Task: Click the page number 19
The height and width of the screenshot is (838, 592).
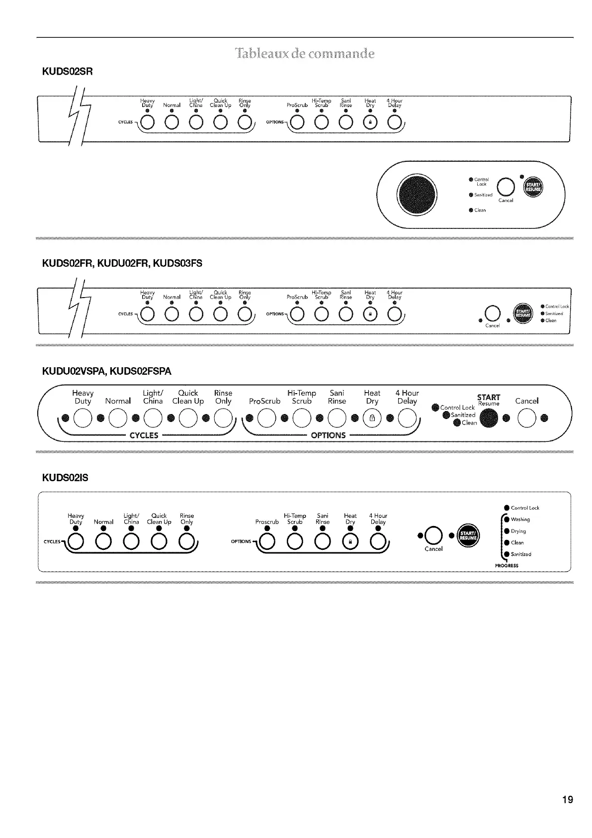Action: pyautogui.click(x=567, y=800)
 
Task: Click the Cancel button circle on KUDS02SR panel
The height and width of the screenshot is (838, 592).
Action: pyautogui.click(x=506, y=187)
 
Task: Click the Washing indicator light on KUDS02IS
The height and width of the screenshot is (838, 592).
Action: pyautogui.click(x=507, y=520)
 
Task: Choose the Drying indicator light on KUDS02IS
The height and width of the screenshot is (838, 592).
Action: pyautogui.click(x=507, y=531)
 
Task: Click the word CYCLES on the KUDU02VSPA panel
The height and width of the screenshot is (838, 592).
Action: pyautogui.click(x=144, y=435)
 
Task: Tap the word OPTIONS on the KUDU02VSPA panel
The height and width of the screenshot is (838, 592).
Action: pyautogui.click(x=328, y=435)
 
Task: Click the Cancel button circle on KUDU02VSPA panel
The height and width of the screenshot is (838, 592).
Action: pyautogui.click(x=526, y=417)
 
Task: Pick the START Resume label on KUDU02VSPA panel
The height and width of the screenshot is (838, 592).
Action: pyautogui.click(x=489, y=400)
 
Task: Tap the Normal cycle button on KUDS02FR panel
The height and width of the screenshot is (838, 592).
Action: pyautogui.click(x=171, y=314)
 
